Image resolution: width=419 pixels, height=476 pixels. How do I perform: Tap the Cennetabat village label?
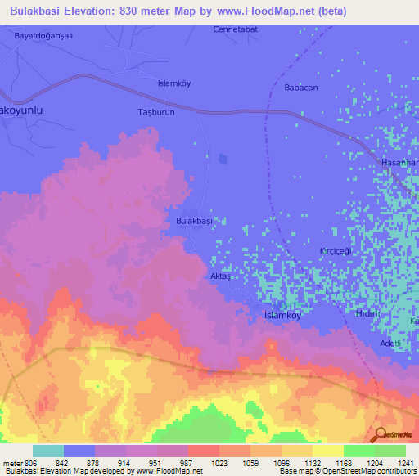(x=235, y=30)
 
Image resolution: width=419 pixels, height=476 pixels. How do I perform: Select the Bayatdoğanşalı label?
(x=44, y=36)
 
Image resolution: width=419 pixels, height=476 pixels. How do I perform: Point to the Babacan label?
(x=300, y=88)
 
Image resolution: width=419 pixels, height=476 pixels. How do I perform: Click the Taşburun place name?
(x=155, y=111)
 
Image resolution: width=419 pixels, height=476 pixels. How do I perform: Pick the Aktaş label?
(x=222, y=276)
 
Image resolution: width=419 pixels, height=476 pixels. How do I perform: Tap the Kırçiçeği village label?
(x=335, y=251)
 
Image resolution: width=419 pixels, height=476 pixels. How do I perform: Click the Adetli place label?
(x=390, y=344)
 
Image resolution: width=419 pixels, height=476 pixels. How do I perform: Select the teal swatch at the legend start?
(x=47, y=451)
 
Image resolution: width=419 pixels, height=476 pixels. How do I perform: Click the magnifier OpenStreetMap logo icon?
(x=380, y=434)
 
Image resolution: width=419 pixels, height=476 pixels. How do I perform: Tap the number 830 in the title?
(x=137, y=11)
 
